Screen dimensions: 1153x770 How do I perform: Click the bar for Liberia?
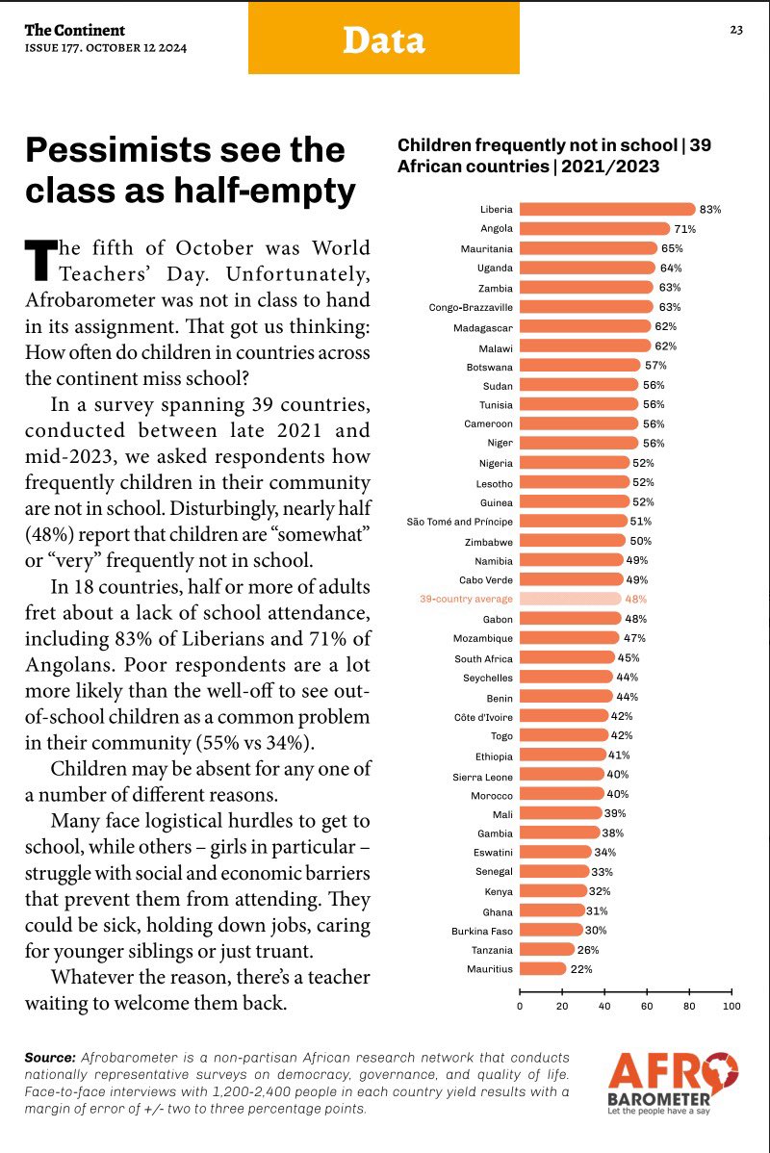(606, 209)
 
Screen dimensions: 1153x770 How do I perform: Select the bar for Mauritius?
(542, 969)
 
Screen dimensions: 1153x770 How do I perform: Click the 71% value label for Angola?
(684, 229)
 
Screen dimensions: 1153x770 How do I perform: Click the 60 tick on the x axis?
(647, 1006)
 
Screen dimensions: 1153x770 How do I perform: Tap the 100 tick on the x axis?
(731, 1006)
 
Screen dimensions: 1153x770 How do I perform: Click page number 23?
(735, 30)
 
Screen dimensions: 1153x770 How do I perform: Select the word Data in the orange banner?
(383, 39)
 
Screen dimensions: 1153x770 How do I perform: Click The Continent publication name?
(75, 30)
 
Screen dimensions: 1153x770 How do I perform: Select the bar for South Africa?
(567, 657)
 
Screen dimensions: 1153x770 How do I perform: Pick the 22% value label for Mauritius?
(581, 969)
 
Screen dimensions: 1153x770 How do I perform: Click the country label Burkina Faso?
(482, 931)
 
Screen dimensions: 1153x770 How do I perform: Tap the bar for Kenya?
(552, 891)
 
